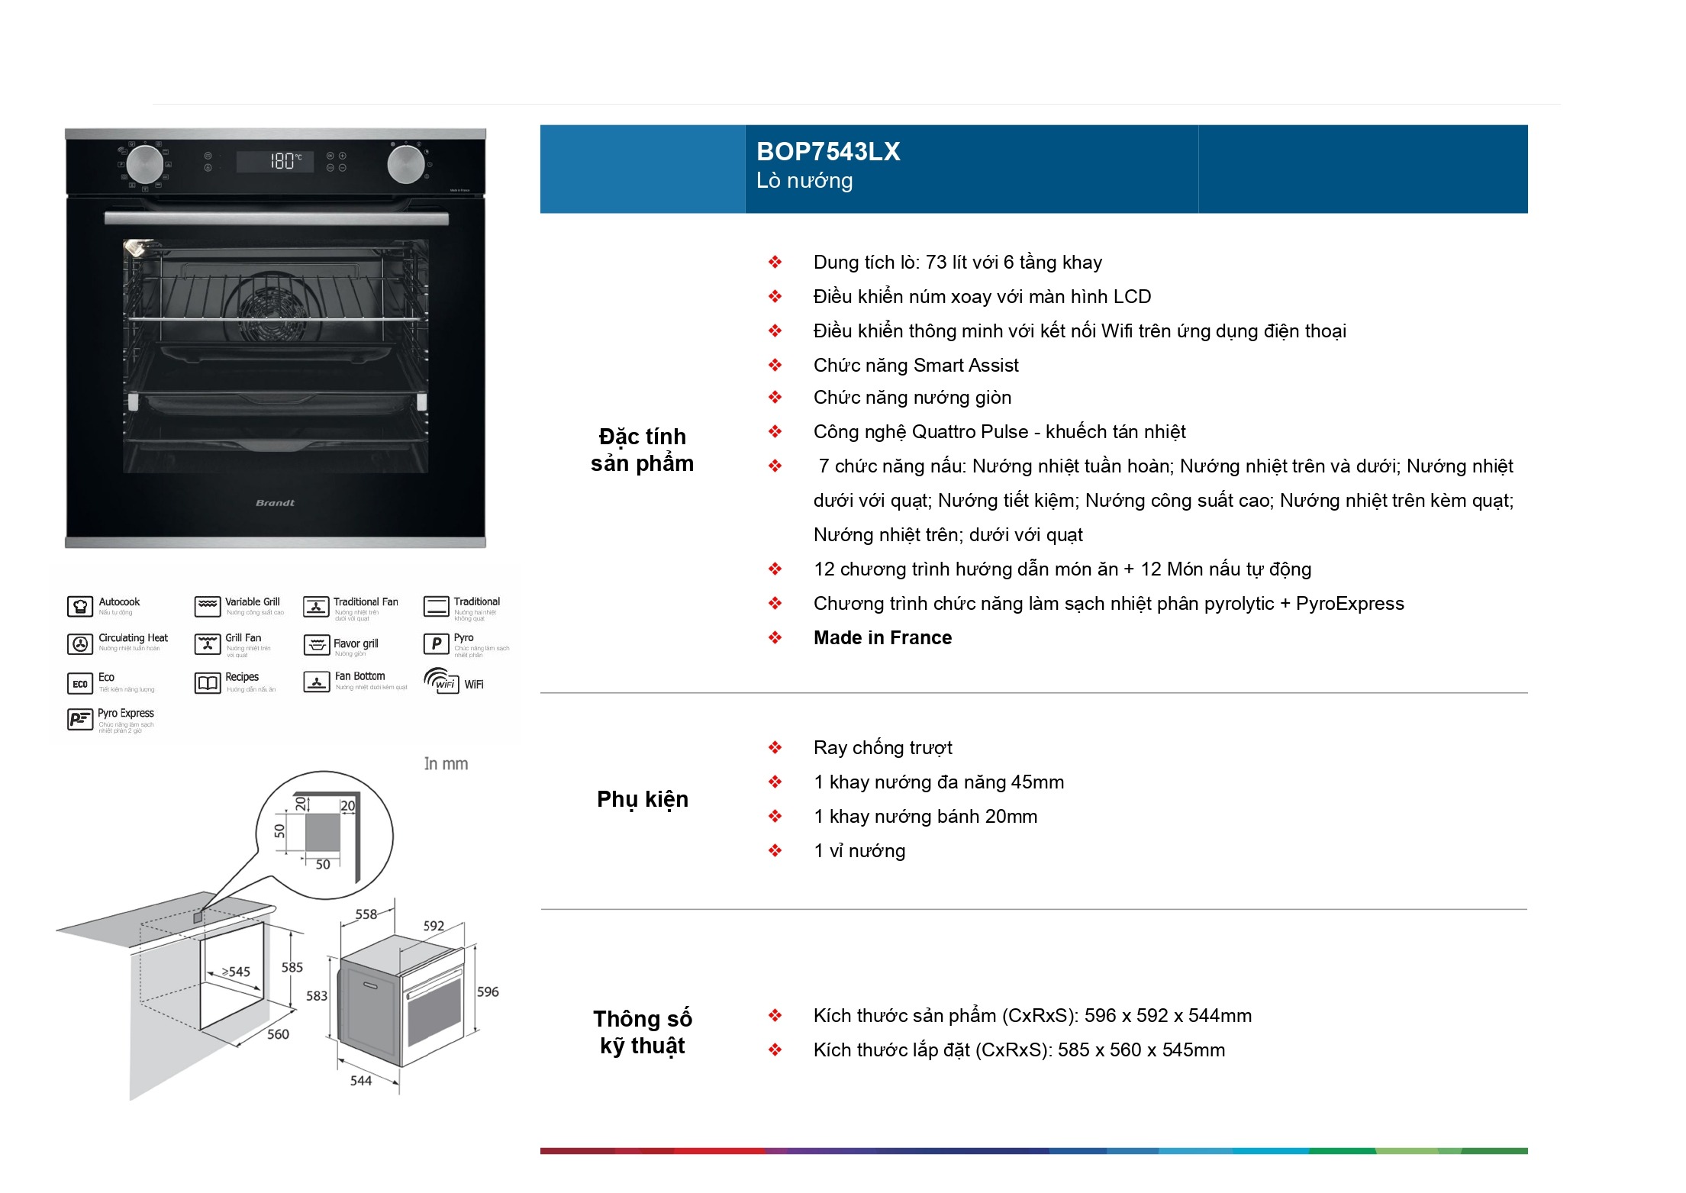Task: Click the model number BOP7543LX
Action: [827, 152]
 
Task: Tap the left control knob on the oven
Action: [144, 163]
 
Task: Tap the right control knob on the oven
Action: [406, 163]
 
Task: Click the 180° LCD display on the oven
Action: [276, 161]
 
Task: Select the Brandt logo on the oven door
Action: [275, 503]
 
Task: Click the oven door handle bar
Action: [276, 219]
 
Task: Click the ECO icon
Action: [79, 684]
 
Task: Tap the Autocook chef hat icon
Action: [79, 607]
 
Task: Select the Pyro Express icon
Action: [79, 719]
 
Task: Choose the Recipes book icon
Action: [208, 683]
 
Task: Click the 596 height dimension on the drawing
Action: [488, 992]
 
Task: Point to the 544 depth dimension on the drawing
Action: [361, 1081]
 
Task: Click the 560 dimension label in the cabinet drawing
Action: [278, 1034]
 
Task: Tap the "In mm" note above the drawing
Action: [446, 764]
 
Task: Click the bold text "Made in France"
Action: [882, 638]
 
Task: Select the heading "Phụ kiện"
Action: [642, 799]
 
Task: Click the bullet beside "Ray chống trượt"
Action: [775, 748]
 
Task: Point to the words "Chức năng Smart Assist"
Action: [916, 366]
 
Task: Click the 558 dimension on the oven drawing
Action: [366, 914]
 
